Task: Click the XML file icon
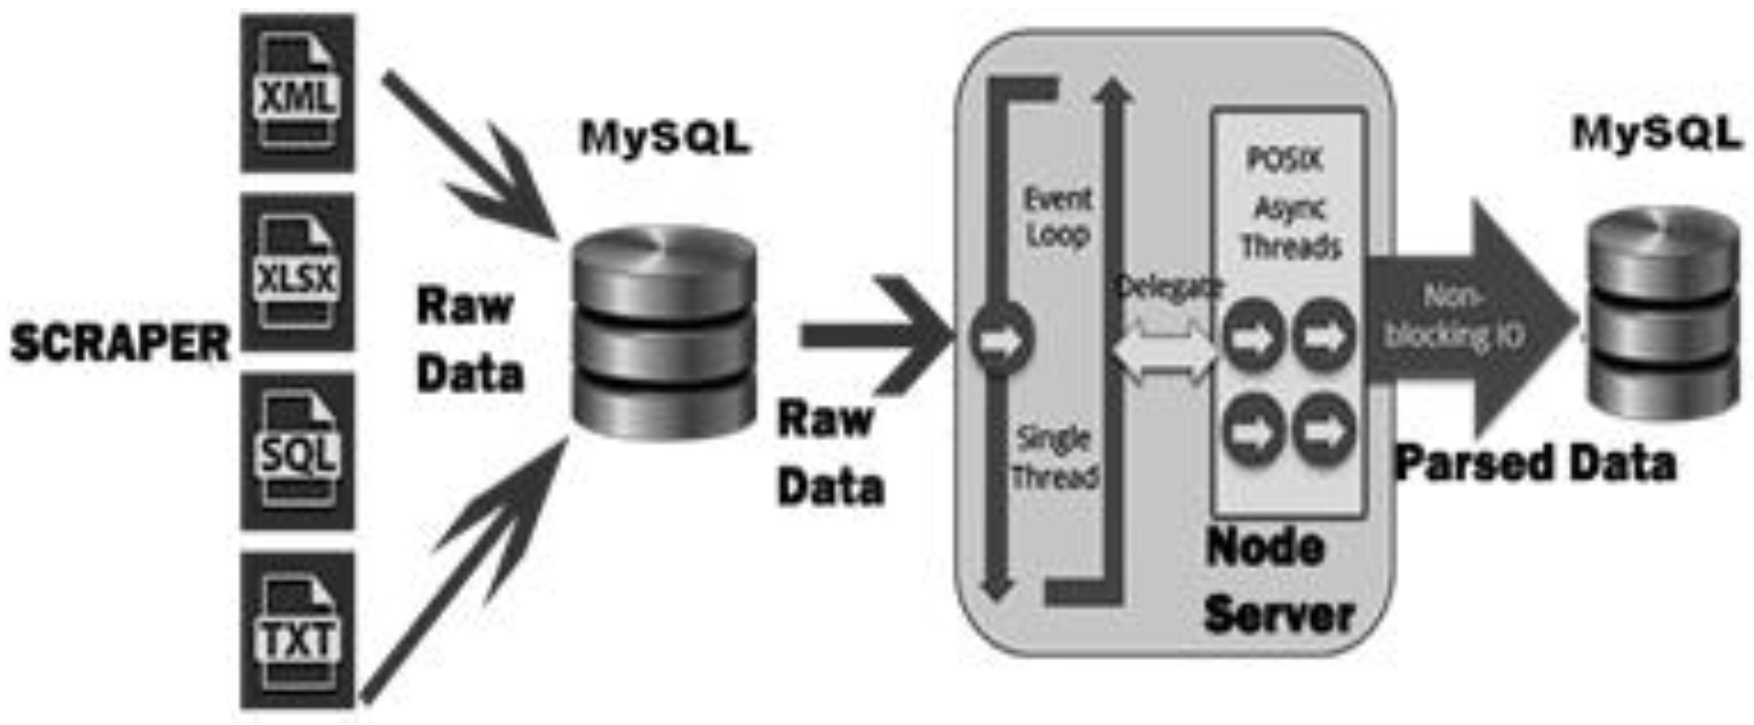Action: (297, 93)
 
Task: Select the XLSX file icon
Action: (297, 273)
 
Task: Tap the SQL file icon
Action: (297, 452)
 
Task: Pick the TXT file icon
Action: (297, 631)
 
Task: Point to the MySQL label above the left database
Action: (665, 139)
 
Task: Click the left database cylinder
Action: (665, 334)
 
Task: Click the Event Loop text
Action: (1058, 217)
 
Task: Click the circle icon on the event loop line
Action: (999, 340)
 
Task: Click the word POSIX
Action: (1285, 160)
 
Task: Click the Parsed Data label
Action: (1536, 464)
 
